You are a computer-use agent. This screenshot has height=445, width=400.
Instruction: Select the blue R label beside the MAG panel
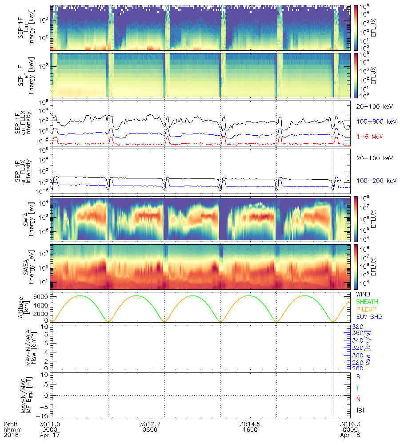click(x=359, y=376)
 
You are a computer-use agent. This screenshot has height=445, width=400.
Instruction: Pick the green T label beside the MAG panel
click(x=359, y=388)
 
